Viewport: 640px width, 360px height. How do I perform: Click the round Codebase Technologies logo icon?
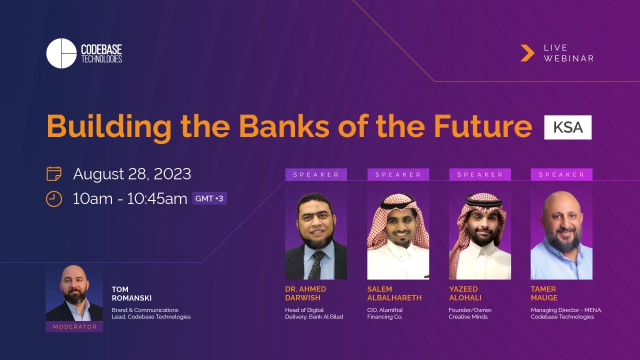coord(61,53)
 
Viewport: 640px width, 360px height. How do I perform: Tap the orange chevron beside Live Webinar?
coord(527,53)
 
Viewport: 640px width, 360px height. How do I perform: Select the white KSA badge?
coord(568,127)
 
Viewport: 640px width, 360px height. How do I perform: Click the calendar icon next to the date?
coord(53,174)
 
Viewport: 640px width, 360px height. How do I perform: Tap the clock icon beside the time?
coord(53,198)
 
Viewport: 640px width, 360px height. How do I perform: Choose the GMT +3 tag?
coord(209,198)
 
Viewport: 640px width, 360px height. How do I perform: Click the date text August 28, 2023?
coord(132,174)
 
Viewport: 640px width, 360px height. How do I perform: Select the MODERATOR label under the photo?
coord(74,326)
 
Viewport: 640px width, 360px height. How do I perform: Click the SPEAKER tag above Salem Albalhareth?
coord(398,174)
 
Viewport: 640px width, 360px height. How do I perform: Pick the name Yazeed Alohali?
coord(465,293)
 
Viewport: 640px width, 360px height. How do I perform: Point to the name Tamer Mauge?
coord(543,293)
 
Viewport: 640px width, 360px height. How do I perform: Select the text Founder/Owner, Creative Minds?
coord(470,313)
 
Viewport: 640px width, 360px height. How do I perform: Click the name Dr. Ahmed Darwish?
coord(305,293)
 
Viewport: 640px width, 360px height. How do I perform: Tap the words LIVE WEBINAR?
coord(568,53)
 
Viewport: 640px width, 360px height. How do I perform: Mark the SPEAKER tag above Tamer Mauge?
coord(561,174)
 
